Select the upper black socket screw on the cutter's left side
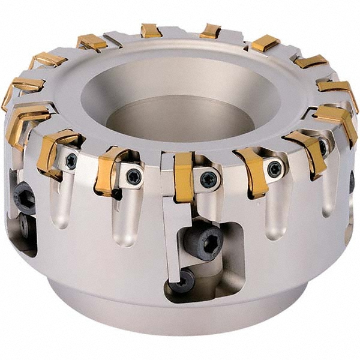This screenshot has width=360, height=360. [x=24, y=197]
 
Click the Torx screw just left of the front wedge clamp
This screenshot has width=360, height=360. [x=133, y=176]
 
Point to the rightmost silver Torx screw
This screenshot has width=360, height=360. [x=323, y=148]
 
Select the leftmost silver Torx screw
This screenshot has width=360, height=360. [x=71, y=161]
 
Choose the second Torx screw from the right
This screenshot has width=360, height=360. [x=274, y=169]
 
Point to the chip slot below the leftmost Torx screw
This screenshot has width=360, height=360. [x=62, y=207]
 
